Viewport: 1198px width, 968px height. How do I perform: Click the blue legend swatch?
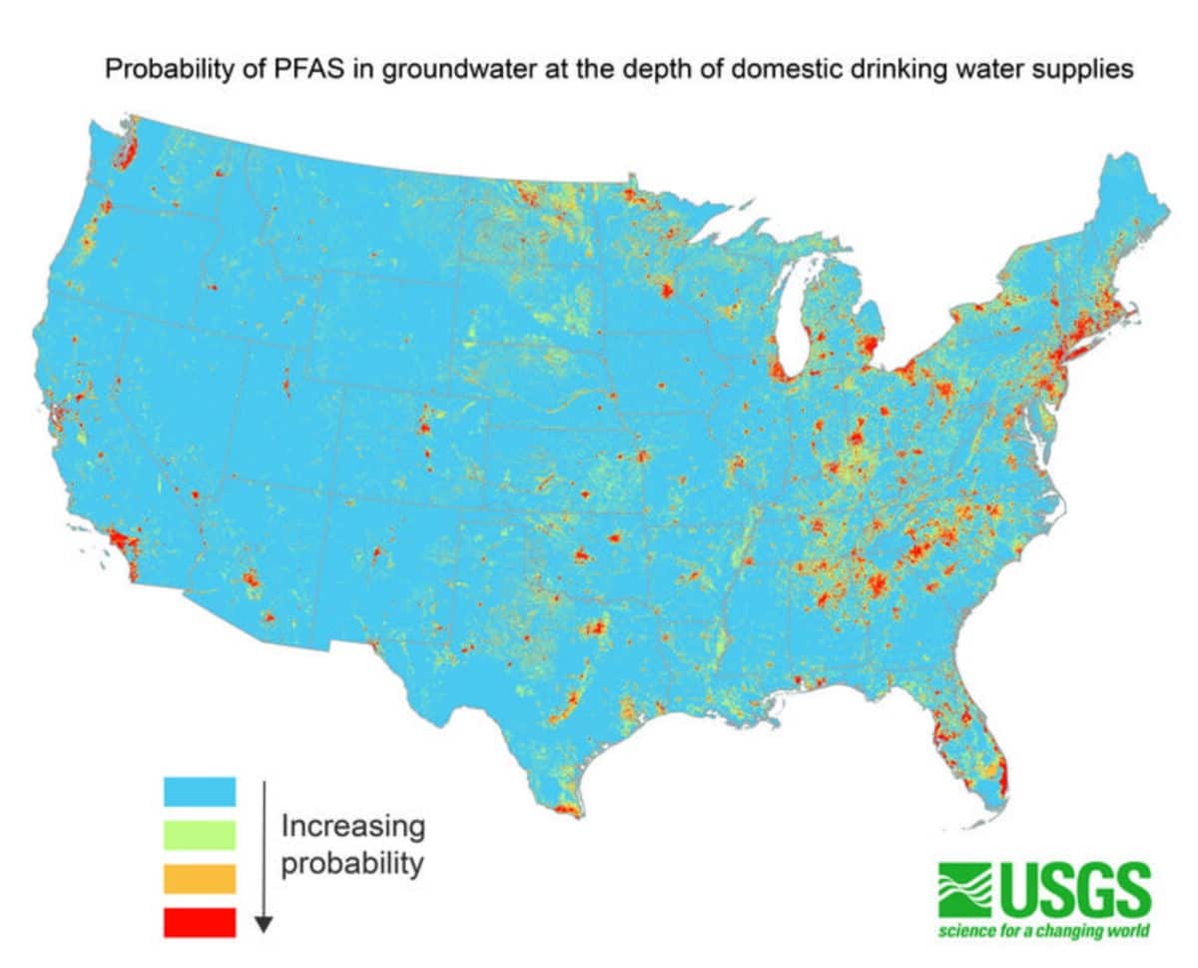tap(200, 791)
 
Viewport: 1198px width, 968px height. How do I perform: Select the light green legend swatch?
tap(200, 834)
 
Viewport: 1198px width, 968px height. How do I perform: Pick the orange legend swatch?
tap(200, 878)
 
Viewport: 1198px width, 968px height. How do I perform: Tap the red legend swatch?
tap(200, 921)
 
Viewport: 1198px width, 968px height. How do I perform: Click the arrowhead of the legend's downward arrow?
tap(263, 924)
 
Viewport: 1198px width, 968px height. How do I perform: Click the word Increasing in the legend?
tap(352, 827)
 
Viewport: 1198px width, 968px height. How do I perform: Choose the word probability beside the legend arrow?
tap(352, 863)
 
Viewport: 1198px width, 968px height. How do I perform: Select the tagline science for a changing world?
tap(1043, 932)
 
